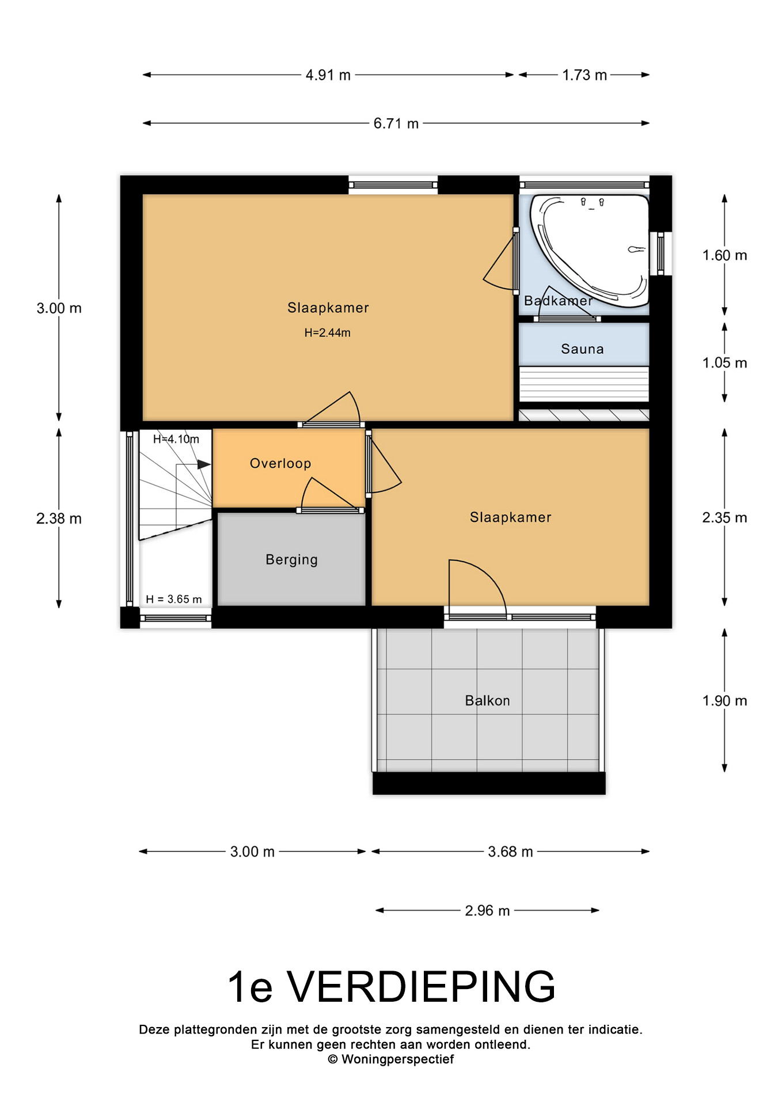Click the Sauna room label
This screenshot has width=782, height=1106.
coord(582,349)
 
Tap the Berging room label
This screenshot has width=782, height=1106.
coord(291,560)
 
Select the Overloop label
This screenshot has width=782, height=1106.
coord(280,464)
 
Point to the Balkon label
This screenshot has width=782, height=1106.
coord(487,701)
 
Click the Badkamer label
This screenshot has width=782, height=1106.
coord(558,301)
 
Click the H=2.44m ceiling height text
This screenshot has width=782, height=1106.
coord(327,333)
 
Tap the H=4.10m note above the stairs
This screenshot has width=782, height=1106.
coord(176,440)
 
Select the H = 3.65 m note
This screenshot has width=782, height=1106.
coord(173,600)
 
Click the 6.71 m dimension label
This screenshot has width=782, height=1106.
coord(396,124)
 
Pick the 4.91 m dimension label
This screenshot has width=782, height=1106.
coord(328,75)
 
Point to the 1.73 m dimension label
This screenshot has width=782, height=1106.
coord(584,75)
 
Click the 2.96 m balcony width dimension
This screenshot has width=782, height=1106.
coord(487,911)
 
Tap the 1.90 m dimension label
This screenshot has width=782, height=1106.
coord(724,701)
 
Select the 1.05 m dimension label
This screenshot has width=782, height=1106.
coord(724,363)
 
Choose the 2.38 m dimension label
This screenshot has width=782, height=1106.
coord(59,518)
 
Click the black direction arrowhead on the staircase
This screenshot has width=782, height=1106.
coord(204,464)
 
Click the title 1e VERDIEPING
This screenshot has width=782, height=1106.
coord(392,987)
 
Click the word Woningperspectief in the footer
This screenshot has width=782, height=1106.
coord(397,1059)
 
